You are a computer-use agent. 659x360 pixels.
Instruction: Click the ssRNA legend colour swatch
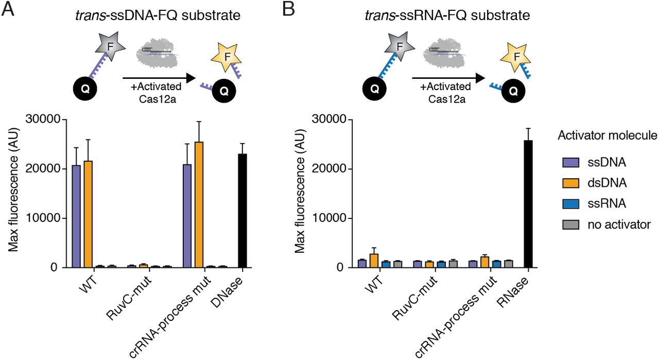(x=569, y=203)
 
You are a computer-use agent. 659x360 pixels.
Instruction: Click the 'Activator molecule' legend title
(x=607, y=136)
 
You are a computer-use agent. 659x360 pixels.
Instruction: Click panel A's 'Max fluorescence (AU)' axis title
(x=15, y=193)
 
